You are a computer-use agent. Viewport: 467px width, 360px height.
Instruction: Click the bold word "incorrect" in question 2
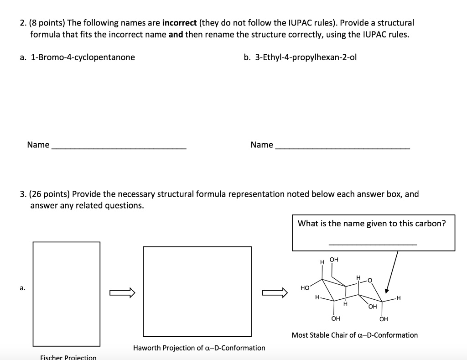179,22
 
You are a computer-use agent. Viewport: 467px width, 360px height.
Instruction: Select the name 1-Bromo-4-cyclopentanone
83,57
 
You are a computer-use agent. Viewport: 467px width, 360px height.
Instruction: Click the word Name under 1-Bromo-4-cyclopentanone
38,145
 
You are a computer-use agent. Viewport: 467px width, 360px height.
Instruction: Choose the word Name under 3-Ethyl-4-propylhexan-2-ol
262,145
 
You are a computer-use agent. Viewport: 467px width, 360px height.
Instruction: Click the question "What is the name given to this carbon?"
372,223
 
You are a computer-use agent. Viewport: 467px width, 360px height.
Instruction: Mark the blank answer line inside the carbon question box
373,245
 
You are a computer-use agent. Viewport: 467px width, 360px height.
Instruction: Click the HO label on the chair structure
306,288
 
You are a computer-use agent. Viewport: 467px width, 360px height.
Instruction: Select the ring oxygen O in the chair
370,280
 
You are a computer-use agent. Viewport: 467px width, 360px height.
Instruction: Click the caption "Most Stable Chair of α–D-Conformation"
355,335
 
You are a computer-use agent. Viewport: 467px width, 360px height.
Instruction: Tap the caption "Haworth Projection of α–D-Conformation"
199,348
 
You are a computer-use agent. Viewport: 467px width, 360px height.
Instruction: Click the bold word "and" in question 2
176,34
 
